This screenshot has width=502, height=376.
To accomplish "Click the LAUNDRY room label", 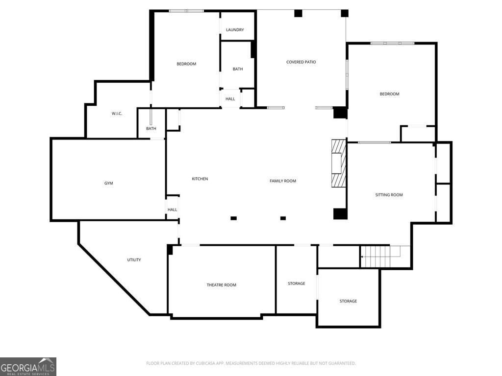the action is [x=235, y=30].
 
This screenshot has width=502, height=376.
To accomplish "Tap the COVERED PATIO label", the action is [x=301, y=62].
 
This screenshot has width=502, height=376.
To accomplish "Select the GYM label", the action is [x=108, y=183].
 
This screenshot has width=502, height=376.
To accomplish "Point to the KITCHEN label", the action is [x=200, y=179].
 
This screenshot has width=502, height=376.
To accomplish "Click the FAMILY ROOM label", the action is [x=283, y=181].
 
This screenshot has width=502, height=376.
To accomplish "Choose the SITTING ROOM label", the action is [x=389, y=195].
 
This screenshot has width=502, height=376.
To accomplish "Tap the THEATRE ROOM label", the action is [x=221, y=285].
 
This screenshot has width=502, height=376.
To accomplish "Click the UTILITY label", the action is [x=134, y=260].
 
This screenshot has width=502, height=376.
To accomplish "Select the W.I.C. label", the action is [x=117, y=114].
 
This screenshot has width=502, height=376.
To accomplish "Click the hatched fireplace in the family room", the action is [x=339, y=163].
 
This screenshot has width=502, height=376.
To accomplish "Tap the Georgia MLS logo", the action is [x=28, y=367].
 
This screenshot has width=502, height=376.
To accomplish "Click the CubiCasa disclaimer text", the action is [x=251, y=363].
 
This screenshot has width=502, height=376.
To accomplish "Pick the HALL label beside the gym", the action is [x=172, y=210].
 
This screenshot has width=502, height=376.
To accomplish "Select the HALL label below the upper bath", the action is [x=230, y=99].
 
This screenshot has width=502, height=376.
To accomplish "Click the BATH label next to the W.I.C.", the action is [x=151, y=129].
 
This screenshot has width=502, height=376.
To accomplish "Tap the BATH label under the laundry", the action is [x=238, y=69].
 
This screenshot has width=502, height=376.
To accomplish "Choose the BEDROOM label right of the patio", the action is [x=389, y=94].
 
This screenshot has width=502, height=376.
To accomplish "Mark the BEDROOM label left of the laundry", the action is [x=186, y=64].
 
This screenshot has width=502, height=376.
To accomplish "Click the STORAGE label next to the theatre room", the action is [x=296, y=283].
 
